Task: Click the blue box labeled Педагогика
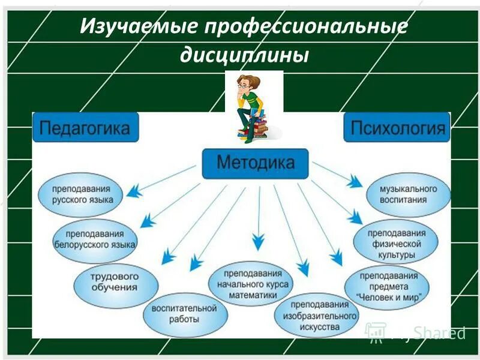(x=85, y=128)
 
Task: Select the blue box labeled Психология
(x=397, y=127)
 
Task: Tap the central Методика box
(x=255, y=163)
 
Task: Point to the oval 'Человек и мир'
(x=388, y=286)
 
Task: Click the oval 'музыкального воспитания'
(x=408, y=194)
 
